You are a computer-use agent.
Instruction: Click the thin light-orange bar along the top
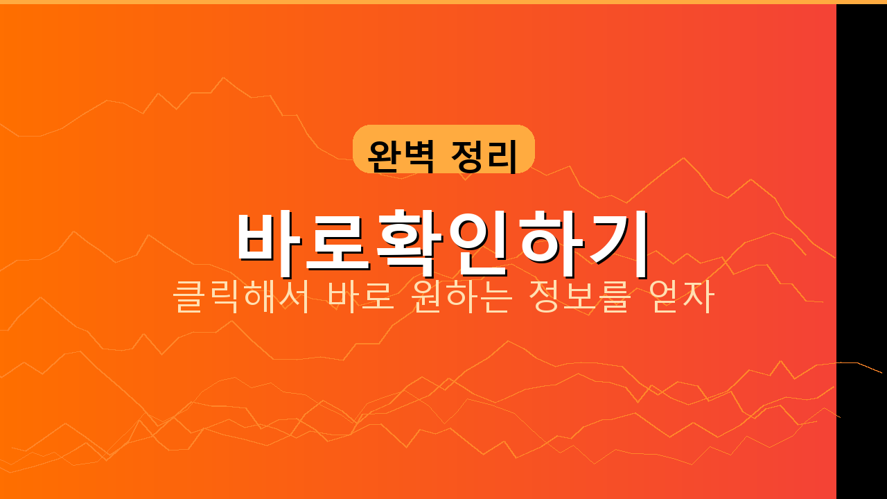[x=443, y=2]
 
